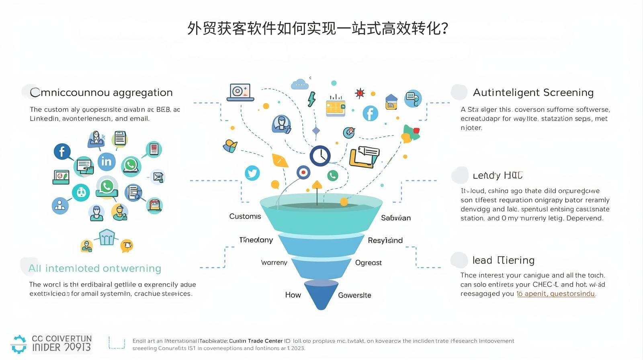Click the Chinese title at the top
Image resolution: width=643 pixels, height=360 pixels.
click(x=317, y=29)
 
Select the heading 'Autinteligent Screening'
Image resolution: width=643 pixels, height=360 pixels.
click(x=533, y=92)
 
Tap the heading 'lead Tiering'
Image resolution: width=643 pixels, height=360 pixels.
click(x=503, y=260)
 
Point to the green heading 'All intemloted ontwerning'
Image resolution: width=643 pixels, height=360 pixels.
click(x=95, y=268)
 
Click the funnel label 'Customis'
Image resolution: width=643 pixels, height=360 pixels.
click(x=245, y=217)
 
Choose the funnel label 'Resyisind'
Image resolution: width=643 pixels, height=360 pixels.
click(x=385, y=240)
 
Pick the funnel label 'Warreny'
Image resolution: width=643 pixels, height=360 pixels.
click(x=274, y=263)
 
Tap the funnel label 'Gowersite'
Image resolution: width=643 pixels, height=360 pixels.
click(x=354, y=295)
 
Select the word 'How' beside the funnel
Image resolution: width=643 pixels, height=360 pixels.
click(x=293, y=295)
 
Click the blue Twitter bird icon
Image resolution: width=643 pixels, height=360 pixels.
click(x=252, y=173)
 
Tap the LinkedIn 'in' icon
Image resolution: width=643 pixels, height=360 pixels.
click(x=106, y=161)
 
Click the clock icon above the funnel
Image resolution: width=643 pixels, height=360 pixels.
click(x=320, y=156)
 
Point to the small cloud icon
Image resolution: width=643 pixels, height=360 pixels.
click(x=300, y=84)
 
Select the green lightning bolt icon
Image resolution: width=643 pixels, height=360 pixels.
click(x=311, y=99)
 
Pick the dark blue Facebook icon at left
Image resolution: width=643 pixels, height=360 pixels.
click(x=62, y=151)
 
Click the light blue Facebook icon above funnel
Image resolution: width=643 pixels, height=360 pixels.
click(x=370, y=113)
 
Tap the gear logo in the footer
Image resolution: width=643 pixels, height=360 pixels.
click(x=18, y=344)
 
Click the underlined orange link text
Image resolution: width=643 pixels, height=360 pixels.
click(x=556, y=294)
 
